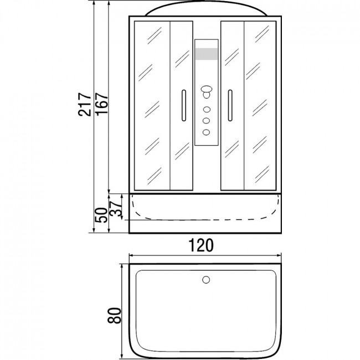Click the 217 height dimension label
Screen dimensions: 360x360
(x=85, y=105)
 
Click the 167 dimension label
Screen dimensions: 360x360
(x=102, y=104)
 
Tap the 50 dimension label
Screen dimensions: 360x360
(x=101, y=215)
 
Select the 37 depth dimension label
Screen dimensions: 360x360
(x=115, y=208)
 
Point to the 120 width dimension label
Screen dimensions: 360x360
(x=201, y=245)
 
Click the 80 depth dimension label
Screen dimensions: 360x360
(x=114, y=316)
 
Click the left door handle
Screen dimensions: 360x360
(x=184, y=105)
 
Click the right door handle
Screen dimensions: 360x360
(x=230, y=105)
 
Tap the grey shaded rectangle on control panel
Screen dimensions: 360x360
(x=206, y=54)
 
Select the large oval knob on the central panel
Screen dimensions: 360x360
(x=207, y=89)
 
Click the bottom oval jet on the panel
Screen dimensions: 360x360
(x=206, y=132)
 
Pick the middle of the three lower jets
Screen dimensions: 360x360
(x=206, y=121)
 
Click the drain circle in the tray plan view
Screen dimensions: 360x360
(x=206, y=280)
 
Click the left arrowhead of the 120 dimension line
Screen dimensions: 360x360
(x=131, y=255)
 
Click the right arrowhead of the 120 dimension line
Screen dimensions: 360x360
(x=279, y=255)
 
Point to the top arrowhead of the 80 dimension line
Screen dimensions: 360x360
(x=122, y=266)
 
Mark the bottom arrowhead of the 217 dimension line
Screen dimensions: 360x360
(x=94, y=230)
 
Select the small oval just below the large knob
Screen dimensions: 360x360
(x=206, y=95)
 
